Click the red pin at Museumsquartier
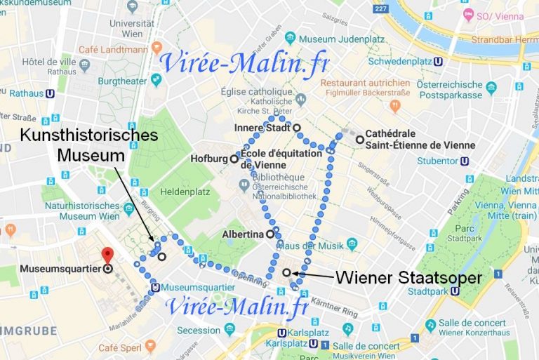click(107, 256)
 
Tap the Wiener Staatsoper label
click(408, 277)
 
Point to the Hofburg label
click(209, 159)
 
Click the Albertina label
click(242, 234)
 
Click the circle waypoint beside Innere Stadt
click(297, 128)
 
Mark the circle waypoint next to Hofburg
click(234, 159)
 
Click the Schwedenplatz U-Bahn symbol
click(439, 61)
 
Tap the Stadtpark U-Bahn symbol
click(455, 291)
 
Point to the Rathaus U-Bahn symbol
click(50, 93)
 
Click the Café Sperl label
click(121, 348)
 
